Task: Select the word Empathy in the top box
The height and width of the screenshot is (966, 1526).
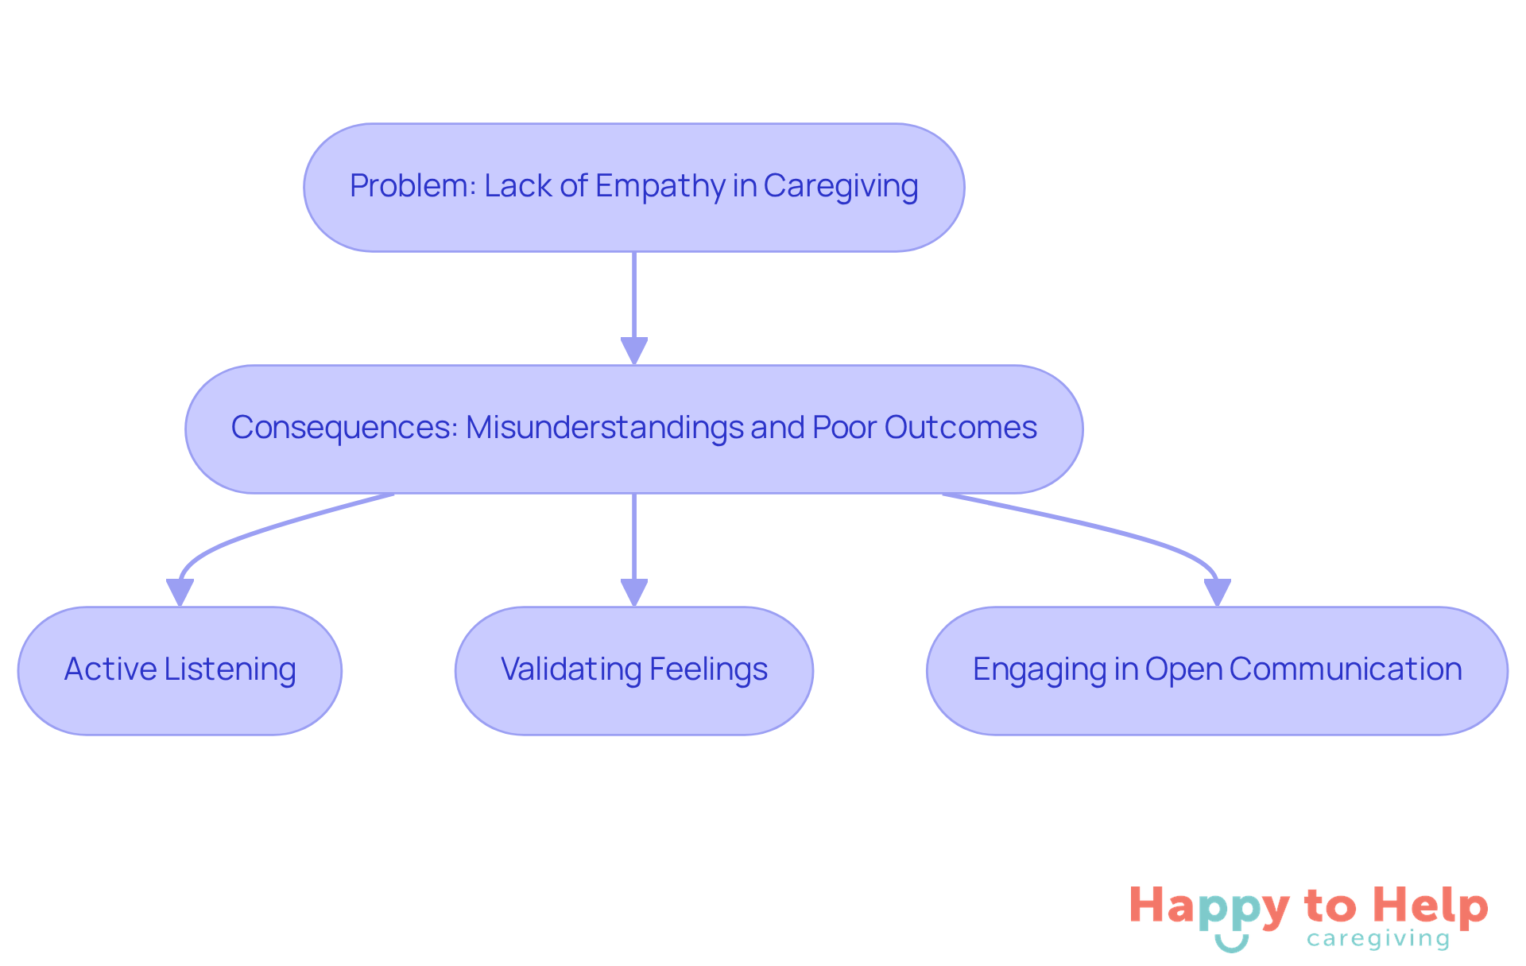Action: point(660,186)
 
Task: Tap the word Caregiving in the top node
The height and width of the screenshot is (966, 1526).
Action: point(840,186)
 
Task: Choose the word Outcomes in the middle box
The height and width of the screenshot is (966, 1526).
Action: point(960,428)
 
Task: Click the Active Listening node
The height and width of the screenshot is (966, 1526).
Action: point(180,670)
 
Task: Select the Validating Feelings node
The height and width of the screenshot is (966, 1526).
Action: point(633,670)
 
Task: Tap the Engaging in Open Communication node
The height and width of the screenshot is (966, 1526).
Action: point(1217,670)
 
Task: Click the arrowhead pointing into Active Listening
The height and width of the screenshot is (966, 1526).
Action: point(180,592)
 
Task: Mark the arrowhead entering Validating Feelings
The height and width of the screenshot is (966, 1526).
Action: point(633,592)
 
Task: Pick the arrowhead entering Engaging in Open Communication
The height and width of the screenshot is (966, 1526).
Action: point(1217,592)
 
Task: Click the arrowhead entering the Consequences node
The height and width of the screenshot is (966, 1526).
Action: point(633,351)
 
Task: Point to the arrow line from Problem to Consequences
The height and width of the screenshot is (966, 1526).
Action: point(633,294)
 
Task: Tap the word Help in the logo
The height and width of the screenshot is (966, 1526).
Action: point(1431,906)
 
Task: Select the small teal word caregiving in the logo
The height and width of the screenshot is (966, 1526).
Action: point(1378,939)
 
